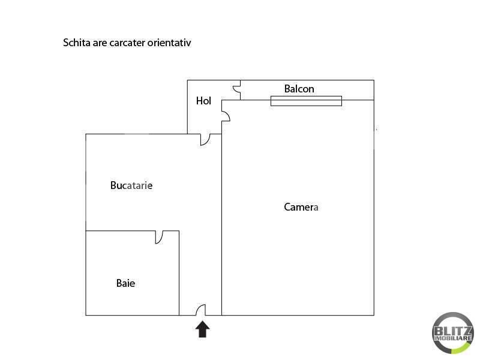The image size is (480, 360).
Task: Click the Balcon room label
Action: (299, 89)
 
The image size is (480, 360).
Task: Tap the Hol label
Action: (203, 101)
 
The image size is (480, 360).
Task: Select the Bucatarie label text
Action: (131, 185)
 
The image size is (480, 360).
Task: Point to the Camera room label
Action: (301, 207)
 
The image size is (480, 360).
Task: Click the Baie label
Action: (125, 283)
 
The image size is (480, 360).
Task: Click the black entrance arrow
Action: (203, 329)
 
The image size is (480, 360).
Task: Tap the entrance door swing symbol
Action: (201, 310)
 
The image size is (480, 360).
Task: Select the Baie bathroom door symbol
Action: (159, 237)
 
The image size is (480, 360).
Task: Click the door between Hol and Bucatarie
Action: (205, 140)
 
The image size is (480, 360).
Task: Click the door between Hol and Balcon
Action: (236, 89)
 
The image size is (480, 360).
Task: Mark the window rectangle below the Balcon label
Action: (306, 101)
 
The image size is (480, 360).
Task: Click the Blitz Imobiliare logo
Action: (453, 333)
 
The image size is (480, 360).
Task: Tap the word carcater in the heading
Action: (127, 43)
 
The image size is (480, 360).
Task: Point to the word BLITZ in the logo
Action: (453, 331)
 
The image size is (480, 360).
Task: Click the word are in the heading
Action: (100, 43)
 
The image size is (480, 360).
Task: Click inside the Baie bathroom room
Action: (132, 273)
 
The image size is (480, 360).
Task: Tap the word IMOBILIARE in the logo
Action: (453, 338)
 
